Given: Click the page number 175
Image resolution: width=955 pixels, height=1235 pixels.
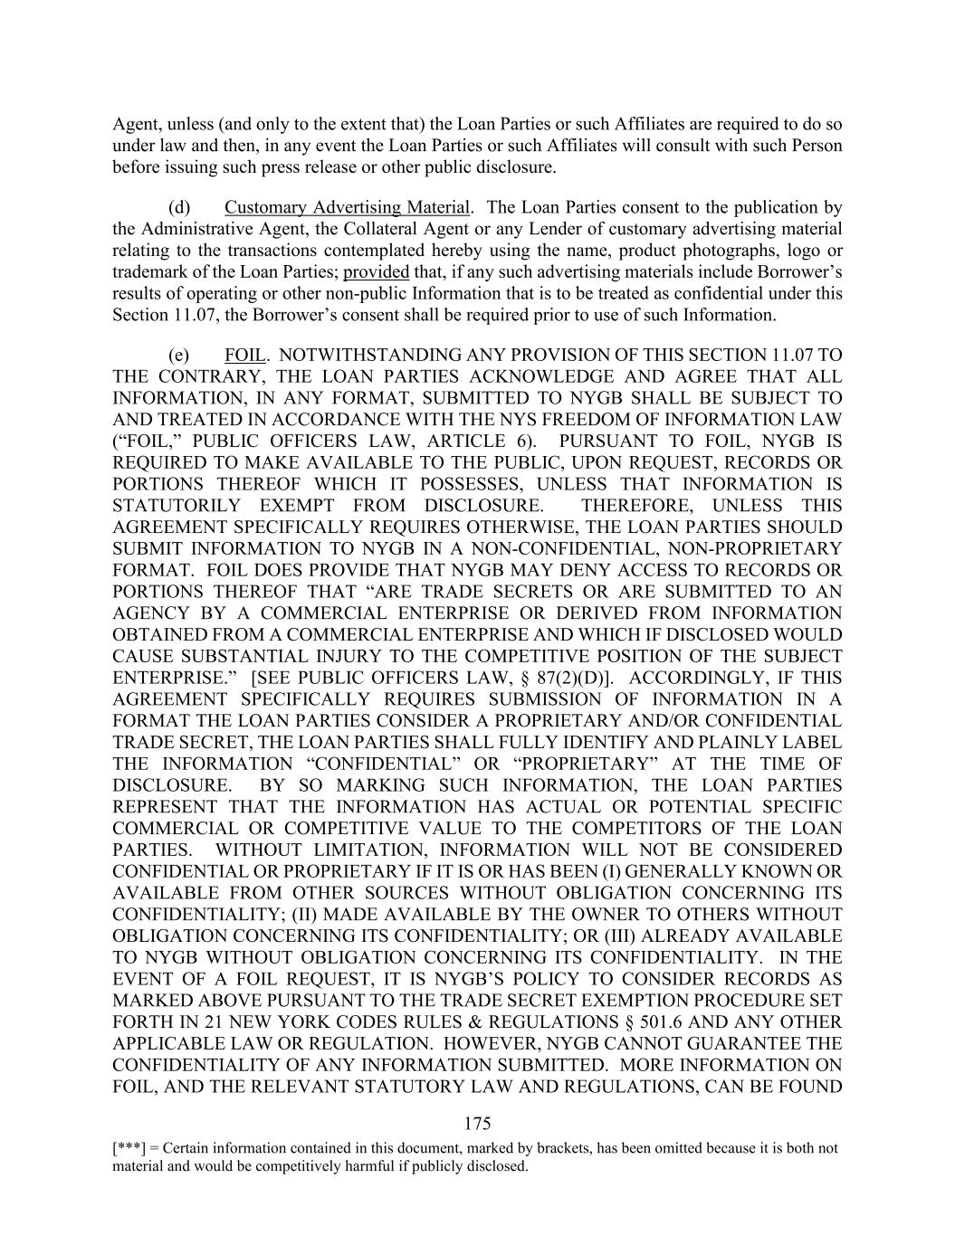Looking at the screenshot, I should click(x=477, y=1124).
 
